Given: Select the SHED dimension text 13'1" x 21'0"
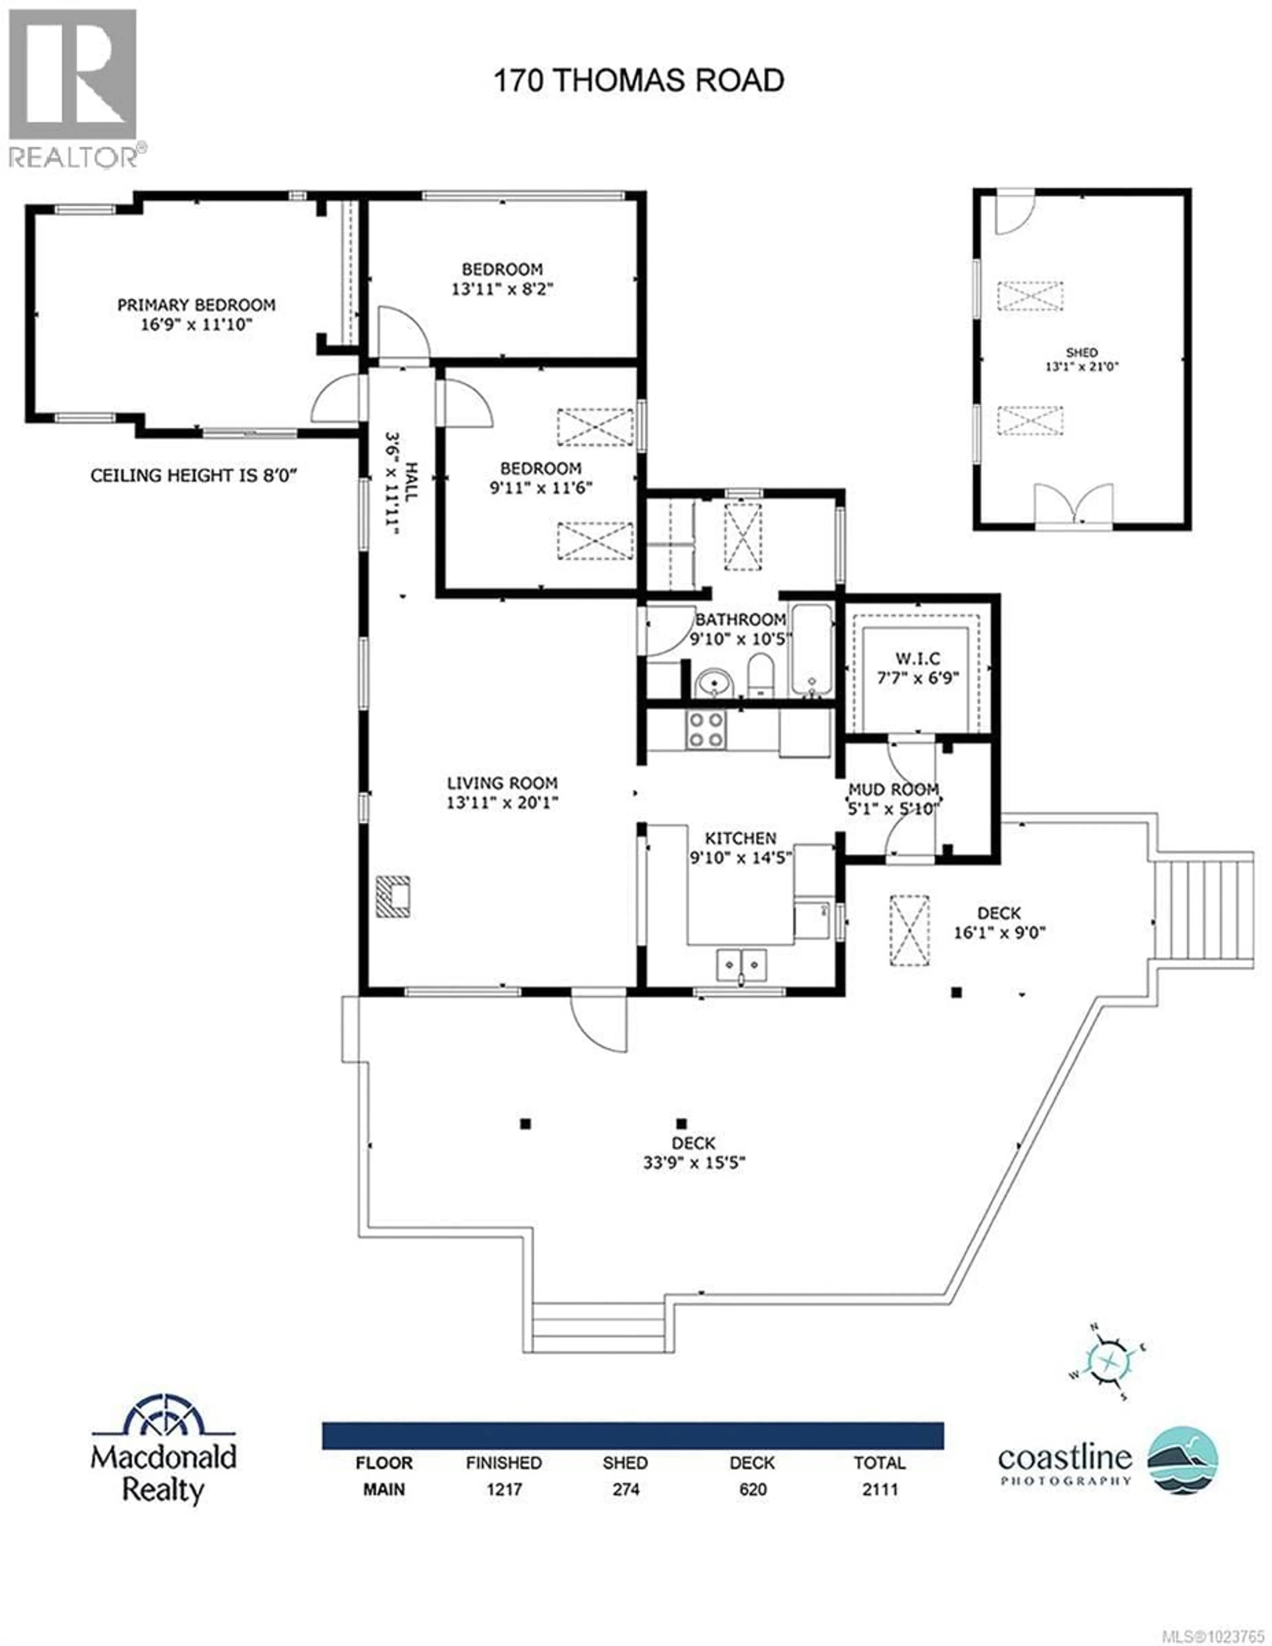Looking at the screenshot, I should (x=1081, y=367).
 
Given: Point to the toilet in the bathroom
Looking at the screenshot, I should (x=760, y=674).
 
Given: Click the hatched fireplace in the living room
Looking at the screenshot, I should (x=393, y=896).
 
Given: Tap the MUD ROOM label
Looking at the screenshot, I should (x=893, y=789).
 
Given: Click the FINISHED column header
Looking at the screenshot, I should (x=504, y=1463).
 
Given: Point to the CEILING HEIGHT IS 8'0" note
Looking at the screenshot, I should (x=193, y=475).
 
